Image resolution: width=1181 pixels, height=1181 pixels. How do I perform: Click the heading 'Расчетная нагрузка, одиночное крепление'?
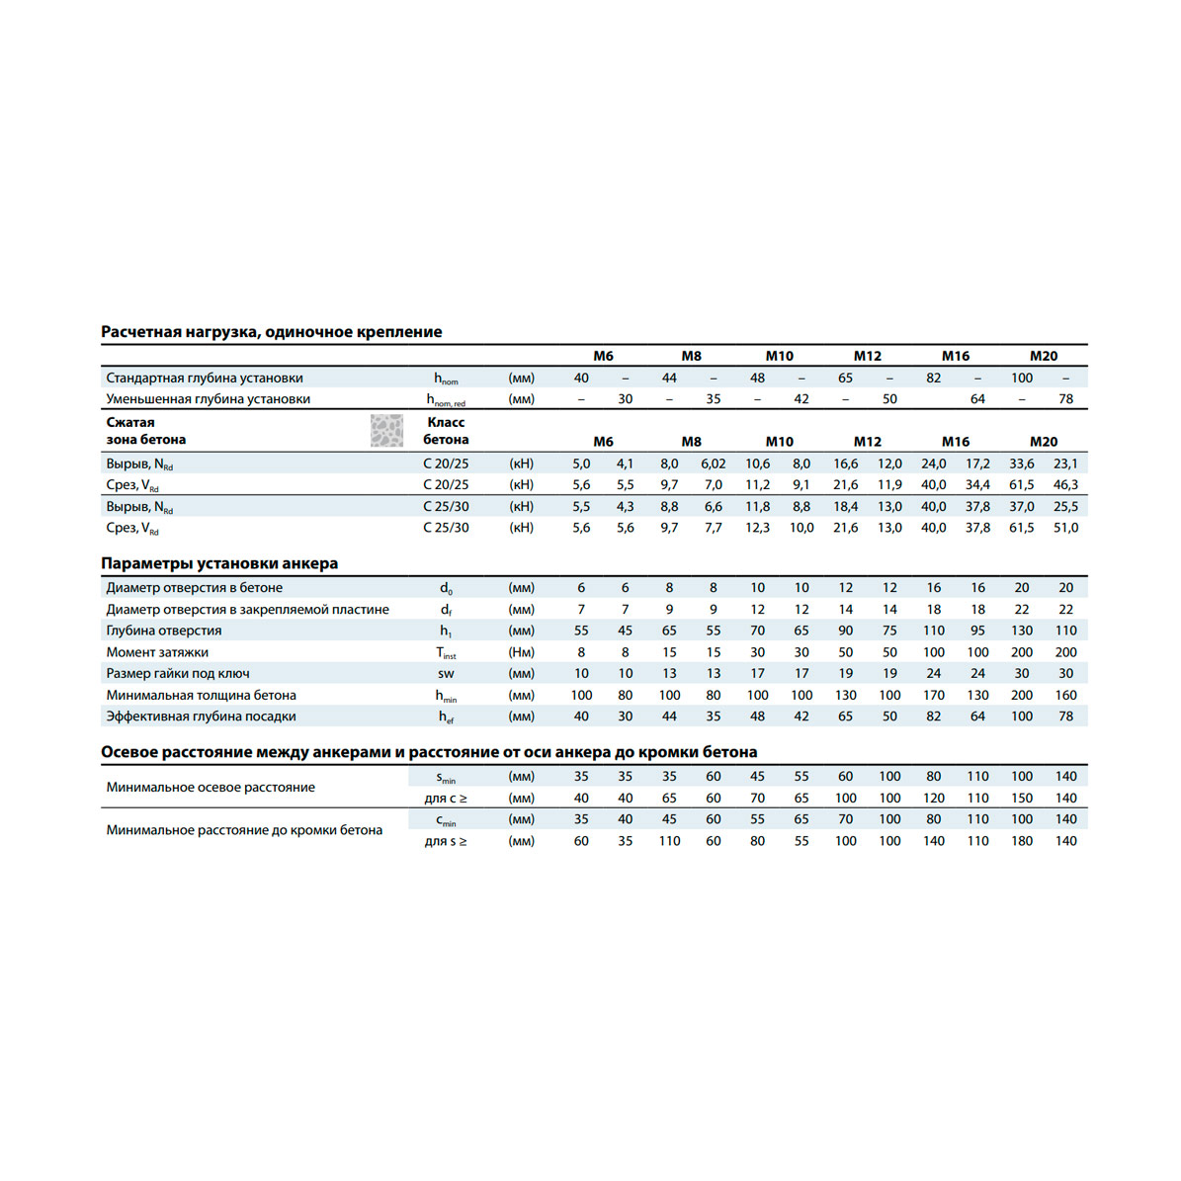click(x=271, y=332)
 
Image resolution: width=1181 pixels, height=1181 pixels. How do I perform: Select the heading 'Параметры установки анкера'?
click(x=218, y=563)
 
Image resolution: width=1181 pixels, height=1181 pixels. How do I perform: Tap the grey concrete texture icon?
click(x=386, y=431)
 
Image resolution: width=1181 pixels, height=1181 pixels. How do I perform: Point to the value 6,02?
click(x=713, y=464)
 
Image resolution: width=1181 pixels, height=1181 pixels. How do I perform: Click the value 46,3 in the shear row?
click(x=1065, y=485)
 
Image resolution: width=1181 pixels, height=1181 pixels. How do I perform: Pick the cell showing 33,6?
click(x=1021, y=464)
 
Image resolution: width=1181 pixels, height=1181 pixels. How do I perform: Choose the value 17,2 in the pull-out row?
click(x=977, y=464)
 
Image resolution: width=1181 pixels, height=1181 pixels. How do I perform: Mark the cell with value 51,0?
click(x=1065, y=528)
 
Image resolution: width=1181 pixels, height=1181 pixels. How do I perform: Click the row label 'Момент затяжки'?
click(x=157, y=652)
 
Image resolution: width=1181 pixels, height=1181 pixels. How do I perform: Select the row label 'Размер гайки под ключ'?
click(x=178, y=674)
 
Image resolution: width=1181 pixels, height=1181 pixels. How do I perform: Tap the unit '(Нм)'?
click(x=521, y=652)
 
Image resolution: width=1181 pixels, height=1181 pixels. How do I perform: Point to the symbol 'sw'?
click(x=446, y=674)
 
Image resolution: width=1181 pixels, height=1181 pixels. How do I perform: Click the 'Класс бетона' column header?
click(x=446, y=431)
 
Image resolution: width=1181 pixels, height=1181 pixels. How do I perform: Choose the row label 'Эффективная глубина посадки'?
click(x=201, y=717)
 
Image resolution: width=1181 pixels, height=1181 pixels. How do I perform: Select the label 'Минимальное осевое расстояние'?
click(x=211, y=788)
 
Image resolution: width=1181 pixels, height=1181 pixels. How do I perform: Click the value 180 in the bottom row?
click(x=1021, y=841)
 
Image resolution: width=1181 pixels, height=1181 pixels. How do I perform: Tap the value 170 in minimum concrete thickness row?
click(x=933, y=696)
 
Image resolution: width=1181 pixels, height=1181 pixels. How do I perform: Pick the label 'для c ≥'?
click(x=446, y=799)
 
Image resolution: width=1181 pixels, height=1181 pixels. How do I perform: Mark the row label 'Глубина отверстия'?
click(x=164, y=631)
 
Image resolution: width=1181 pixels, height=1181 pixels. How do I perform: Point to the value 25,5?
click(x=1065, y=507)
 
